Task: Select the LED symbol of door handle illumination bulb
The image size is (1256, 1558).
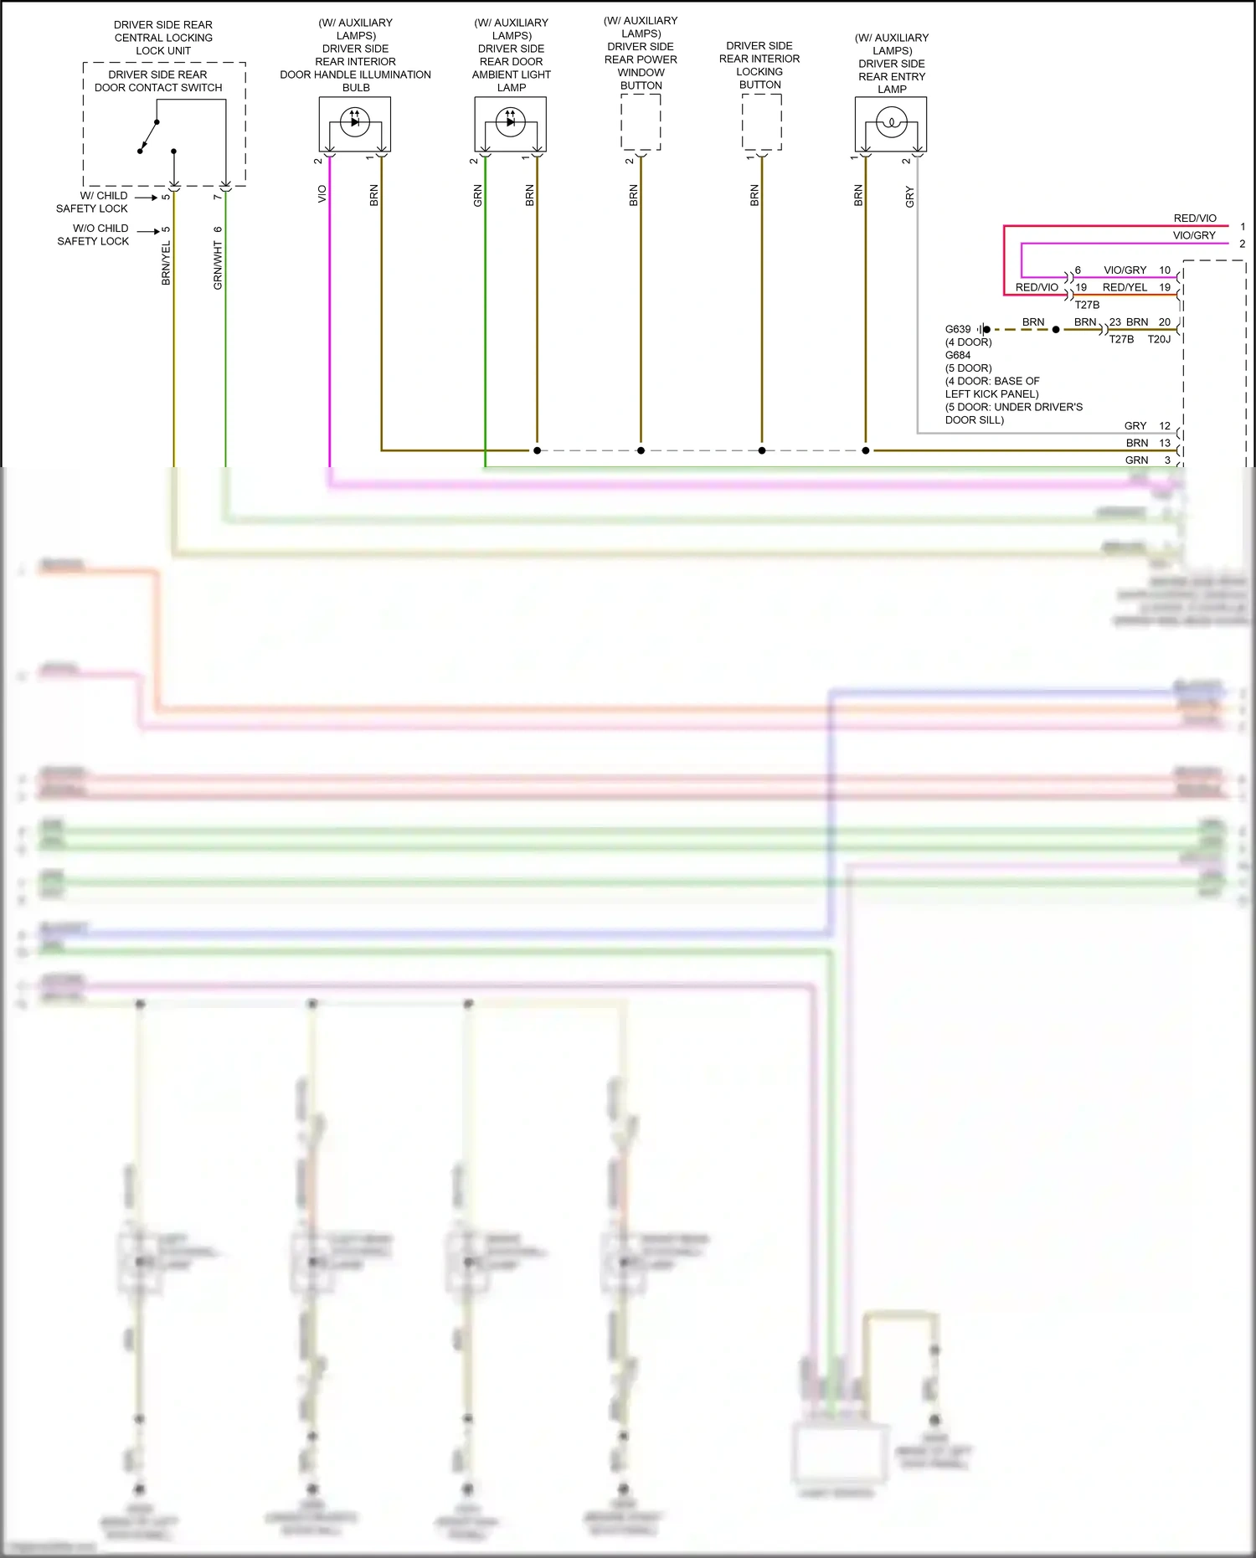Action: [x=355, y=122]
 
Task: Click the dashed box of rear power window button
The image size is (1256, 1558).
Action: [x=641, y=122]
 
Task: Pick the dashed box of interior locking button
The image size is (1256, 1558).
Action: [x=761, y=122]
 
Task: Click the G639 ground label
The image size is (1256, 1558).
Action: [x=958, y=329]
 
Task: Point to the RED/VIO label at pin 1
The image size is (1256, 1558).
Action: [x=1195, y=219]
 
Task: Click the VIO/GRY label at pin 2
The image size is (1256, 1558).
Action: [x=1193, y=235]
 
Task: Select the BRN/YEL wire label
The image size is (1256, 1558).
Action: [x=166, y=263]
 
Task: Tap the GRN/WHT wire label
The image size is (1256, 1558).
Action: [x=218, y=265]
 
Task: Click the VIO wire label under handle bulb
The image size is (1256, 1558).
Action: [x=322, y=194]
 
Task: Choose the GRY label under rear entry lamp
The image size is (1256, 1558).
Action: [x=909, y=198]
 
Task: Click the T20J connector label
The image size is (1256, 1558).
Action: [x=1159, y=339]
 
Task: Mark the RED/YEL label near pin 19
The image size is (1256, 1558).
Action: [x=1125, y=287]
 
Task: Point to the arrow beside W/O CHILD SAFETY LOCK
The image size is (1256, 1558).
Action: [x=148, y=231]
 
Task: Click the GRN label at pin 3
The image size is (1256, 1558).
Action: [x=1136, y=460]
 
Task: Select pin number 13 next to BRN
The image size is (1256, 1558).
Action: [x=1165, y=443]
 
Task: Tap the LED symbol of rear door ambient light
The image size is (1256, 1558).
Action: [x=511, y=122]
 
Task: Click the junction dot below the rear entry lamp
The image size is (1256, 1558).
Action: [x=866, y=450]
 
